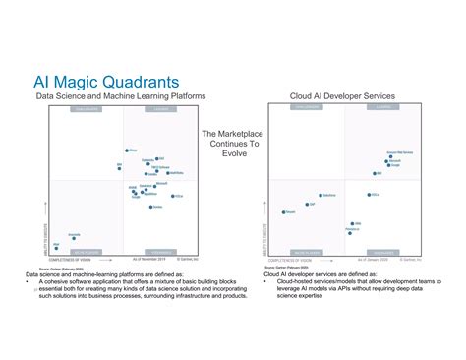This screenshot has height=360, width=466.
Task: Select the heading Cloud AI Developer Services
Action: click(x=342, y=96)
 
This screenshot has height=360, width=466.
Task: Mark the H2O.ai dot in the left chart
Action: click(x=173, y=196)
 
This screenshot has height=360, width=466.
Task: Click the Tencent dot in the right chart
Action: click(x=285, y=211)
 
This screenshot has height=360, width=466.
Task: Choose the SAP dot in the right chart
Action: click(x=306, y=205)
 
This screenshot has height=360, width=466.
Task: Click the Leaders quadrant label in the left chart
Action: click(x=160, y=110)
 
